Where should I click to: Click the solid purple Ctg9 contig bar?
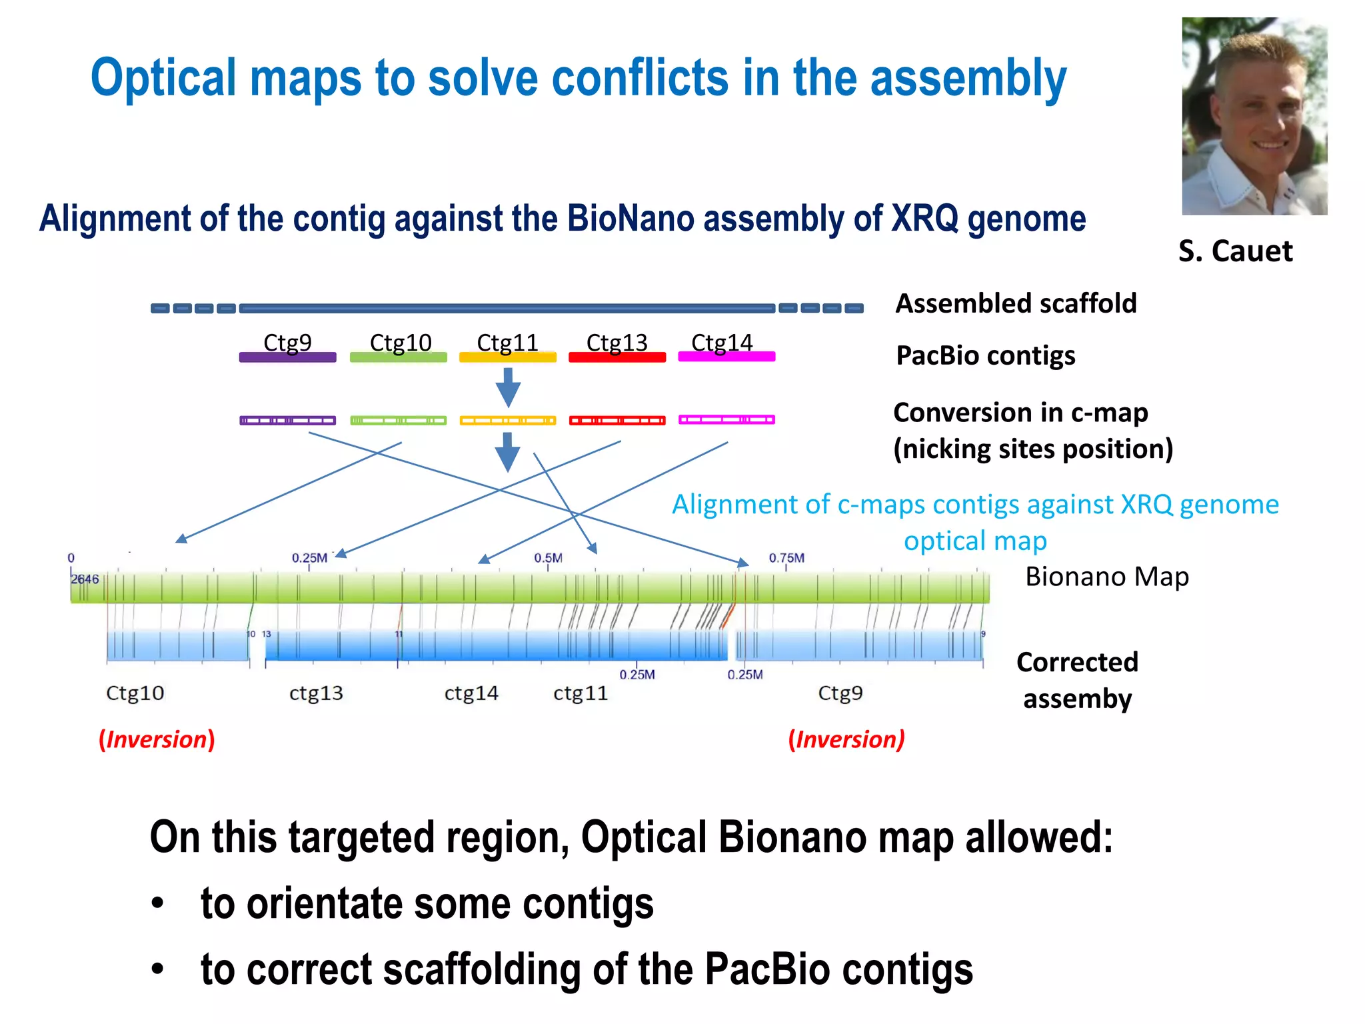tap(287, 357)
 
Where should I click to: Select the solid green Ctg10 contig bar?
tap(398, 357)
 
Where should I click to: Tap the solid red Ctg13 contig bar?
tap(617, 357)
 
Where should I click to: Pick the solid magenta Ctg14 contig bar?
tap(726, 357)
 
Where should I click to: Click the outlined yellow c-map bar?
tap(507, 420)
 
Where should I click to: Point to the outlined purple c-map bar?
tap(287, 420)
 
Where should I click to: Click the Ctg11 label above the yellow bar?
tap(507, 342)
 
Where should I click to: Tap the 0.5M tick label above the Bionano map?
tap(548, 558)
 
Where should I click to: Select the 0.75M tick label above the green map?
tap(786, 558)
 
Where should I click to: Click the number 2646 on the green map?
tap(85, 579)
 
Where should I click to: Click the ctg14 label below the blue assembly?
tap(471, 693)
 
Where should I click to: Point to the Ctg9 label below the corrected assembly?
tap(840, 693)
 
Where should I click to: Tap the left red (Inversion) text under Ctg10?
tap(157, 739)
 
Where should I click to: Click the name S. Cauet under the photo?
tap(1235, 251)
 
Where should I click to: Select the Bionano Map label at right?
tap(1106, 577)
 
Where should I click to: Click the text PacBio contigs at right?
tap(985, 355)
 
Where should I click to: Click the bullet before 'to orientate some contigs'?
tap(157, 904)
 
